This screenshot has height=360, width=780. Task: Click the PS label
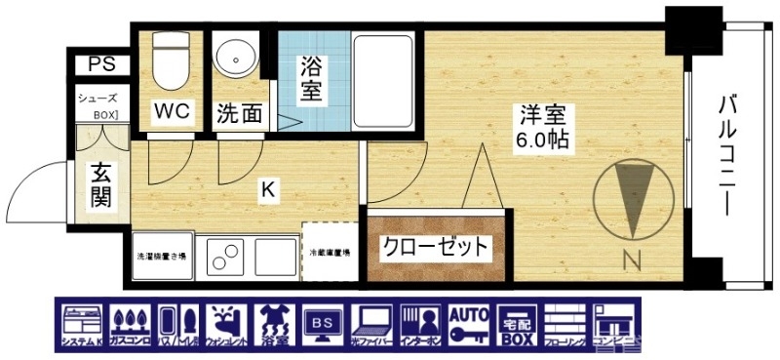click(100, 64)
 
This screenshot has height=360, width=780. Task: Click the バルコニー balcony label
click(728, 156)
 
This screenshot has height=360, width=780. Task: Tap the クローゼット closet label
click(434, 247)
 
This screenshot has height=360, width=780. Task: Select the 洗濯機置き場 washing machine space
click(163, 257)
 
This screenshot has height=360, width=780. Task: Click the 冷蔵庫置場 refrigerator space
click(331, 252)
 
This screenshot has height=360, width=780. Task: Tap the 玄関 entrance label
click(100, 185)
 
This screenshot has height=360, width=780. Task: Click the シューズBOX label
click(98, 106)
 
